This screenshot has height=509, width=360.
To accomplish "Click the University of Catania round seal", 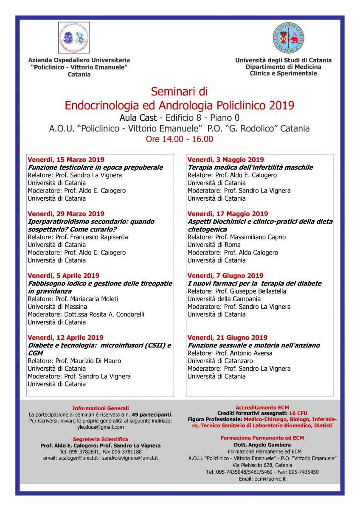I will [288, 39].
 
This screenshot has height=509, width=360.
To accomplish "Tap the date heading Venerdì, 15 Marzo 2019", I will [66, 160].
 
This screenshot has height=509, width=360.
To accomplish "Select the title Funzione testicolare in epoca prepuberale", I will [95, 168].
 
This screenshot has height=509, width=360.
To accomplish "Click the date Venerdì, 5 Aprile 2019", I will [64, 276].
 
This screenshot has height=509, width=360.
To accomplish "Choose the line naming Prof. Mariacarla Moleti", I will [73, 299].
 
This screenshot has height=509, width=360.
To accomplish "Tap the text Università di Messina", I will [57, 307].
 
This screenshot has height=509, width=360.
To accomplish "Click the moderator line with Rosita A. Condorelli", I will [87, 314].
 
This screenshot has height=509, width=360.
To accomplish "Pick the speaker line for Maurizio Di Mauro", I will [74, 361].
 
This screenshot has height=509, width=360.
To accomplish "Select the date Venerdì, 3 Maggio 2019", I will [225, 160].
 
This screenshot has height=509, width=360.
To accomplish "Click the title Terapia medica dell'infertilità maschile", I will [250, 168].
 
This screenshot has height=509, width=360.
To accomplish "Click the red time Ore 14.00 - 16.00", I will [179, 139].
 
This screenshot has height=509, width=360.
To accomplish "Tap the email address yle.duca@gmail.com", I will [101, 427].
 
